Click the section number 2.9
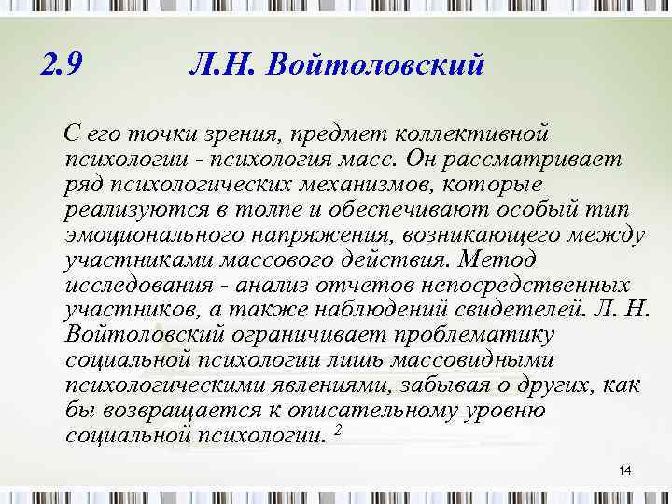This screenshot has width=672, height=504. click(63, 64)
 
